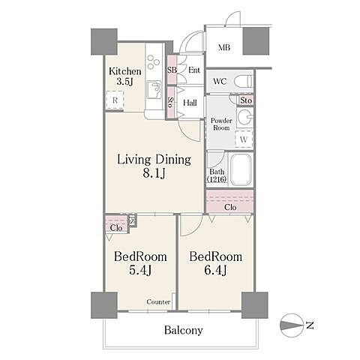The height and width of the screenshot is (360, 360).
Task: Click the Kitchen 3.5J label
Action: click(x=125, y=76)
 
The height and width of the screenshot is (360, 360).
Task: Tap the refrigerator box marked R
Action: click(x=115, y=100)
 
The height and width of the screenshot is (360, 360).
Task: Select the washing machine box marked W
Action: click(x=244, y=139)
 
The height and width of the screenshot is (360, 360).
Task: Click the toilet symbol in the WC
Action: click(x=244, y=81)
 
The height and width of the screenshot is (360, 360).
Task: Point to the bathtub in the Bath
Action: click(x=240, y=169)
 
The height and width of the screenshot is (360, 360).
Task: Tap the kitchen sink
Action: click(x=154, y=89)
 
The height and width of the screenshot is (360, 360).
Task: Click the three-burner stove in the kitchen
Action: click(x=153, y=61)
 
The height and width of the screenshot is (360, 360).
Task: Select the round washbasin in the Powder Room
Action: click(x=244, y=117)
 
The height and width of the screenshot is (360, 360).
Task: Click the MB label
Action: click(x=224, y=47)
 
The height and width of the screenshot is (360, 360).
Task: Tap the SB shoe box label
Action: click(x=172, y=70)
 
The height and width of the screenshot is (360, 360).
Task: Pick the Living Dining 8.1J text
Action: click(x=154, y=166)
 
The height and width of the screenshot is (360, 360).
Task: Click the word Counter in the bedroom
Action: click(x=158, y=301)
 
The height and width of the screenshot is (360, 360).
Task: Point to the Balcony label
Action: click(x=184, y=330)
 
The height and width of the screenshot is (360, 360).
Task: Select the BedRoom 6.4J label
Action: click(x=215, y=263)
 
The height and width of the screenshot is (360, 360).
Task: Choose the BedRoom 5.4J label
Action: click(x=140, y=263)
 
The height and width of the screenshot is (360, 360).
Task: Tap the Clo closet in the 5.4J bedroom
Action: click(x=116, y=224)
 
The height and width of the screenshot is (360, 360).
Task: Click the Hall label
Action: click(x=190, y=103)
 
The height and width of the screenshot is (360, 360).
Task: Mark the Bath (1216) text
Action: click(x=217, y=175)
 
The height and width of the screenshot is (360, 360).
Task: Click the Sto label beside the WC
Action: click(x=246, y=100)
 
